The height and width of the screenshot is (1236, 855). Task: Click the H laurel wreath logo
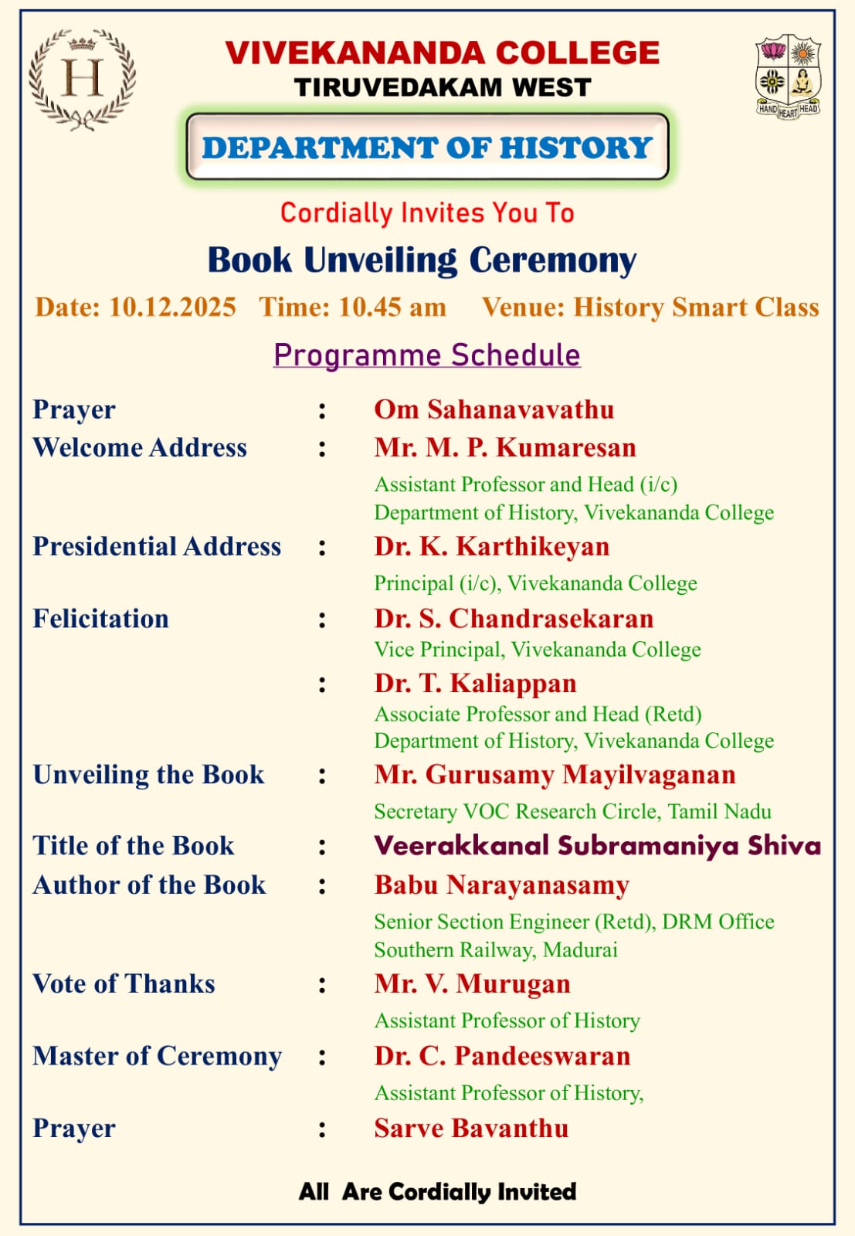point(82,78)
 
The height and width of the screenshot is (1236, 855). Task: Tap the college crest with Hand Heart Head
point(787,76)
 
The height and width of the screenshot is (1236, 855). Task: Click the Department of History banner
point(427,147)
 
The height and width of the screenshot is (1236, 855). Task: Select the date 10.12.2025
point(171,307)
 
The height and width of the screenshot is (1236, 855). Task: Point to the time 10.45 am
point(392,307)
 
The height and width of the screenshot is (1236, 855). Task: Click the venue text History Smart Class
point(695,307)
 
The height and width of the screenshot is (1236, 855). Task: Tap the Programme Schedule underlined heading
point(426,355)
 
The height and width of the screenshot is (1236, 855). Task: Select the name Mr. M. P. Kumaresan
point(505,447)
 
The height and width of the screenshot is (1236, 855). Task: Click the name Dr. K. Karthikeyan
point(492,546)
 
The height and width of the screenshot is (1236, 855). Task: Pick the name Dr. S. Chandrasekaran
point(514,618)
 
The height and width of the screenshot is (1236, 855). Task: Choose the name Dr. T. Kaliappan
point(475,683)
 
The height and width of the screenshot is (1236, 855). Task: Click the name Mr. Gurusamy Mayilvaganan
point(555,774)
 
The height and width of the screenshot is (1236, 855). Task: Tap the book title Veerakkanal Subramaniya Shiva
point(597,845)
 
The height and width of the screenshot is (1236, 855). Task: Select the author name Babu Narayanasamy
point(501,885)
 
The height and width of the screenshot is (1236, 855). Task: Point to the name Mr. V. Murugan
point(472,983)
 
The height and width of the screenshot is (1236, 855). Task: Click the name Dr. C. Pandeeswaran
point(502,1056)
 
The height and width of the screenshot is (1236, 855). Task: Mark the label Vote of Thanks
point(124,983)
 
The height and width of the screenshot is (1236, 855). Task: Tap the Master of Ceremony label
point(157,1056)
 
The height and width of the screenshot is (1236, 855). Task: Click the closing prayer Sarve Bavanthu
point(471,1128)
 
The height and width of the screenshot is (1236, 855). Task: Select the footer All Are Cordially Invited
point(437,1191)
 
